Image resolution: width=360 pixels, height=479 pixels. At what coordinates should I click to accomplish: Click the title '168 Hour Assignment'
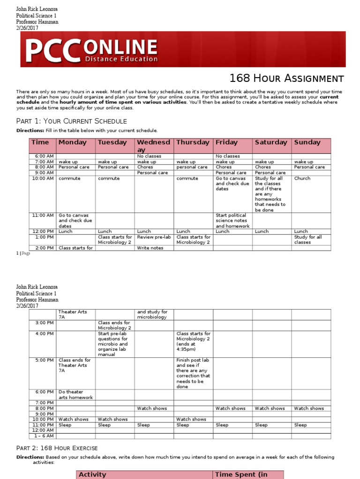point(286,79)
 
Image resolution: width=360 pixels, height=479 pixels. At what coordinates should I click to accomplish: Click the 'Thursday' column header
point(193,142)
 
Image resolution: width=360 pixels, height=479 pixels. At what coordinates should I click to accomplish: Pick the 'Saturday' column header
point(271,142)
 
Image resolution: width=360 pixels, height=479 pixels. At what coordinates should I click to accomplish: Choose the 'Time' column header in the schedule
point(40,142)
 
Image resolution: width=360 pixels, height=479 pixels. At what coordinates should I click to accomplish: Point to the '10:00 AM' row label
point(43,178)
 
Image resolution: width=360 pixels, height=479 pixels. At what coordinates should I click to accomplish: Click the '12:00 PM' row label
point(43,231)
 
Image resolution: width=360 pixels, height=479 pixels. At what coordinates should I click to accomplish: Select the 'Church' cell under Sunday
point(302,178)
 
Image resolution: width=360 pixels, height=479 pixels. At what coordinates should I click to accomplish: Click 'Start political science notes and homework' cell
point(232,220)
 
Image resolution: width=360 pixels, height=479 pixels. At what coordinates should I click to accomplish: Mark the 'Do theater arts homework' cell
point(75,395)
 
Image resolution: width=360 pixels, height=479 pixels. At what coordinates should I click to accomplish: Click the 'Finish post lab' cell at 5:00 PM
point(193,373)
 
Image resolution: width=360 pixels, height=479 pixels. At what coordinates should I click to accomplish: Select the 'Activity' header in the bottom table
point(92,474)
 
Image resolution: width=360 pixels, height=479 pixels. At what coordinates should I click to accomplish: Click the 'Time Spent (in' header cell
point(241,474)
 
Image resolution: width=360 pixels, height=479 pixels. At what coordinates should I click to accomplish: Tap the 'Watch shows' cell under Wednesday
point(152,408)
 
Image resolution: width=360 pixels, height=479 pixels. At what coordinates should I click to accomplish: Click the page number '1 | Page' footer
point(23,253)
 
